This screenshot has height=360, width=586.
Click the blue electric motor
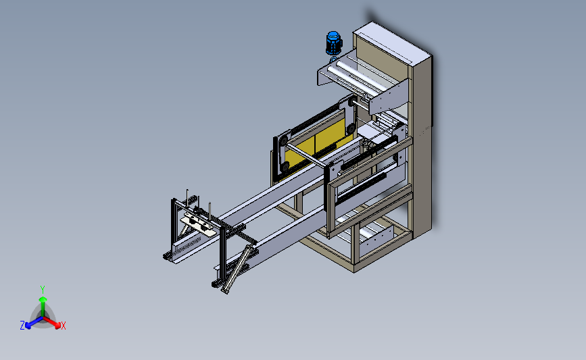[333, 43]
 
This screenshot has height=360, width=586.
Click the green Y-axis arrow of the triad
[43, 306]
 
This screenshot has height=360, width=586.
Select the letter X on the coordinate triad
[64, 326]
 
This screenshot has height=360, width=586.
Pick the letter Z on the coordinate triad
[22, 326]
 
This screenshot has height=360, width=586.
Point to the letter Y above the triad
[43, 290]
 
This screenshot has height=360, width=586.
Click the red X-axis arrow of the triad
[52, 322]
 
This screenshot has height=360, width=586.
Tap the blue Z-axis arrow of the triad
[34, 322]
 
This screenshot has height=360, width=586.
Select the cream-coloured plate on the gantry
[198, 226]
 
